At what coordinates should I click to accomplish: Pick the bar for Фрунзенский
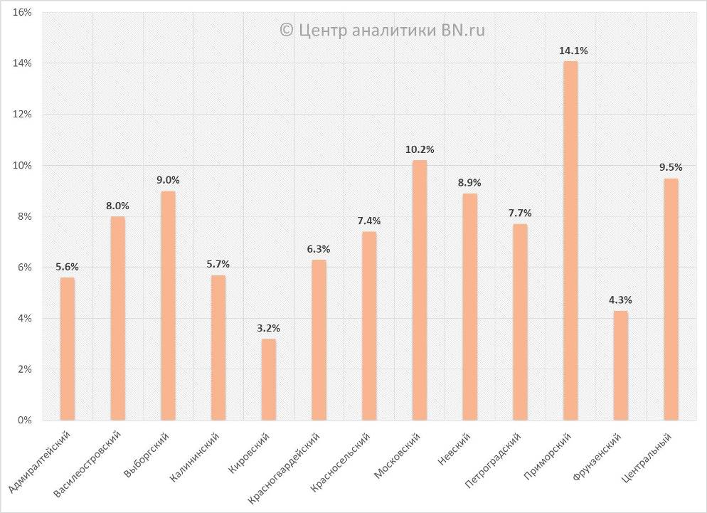[x=621, y=365]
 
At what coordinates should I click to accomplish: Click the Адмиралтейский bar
[x=67, y=349]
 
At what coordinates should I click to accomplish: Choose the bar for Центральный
[x=671, y=299]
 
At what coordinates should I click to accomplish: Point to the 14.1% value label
[x=573, y=51]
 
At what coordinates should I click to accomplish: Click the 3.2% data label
[x=269, y=329]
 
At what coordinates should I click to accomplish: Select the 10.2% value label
[x=420, y=149]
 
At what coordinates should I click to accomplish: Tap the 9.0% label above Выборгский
[x=168, y=181]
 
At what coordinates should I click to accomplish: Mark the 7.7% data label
[x=520, y=213]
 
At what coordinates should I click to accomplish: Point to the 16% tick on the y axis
[x=23, y=13]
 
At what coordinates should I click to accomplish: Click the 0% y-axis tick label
[x=25, y=421]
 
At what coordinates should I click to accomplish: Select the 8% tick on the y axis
[x=25, y=216]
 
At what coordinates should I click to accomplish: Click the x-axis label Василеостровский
[x=88, y=462]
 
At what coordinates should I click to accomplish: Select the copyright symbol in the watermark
[x=286, y=30]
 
